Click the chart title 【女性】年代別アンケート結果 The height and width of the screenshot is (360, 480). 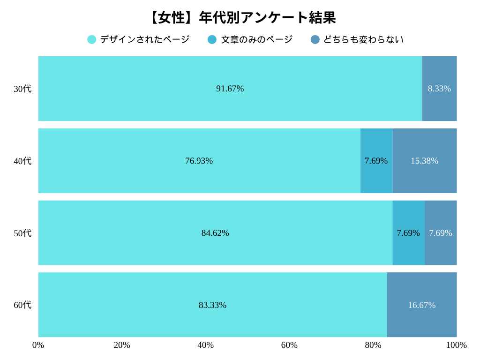[240, 18]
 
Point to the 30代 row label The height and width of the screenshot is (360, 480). [22, 89]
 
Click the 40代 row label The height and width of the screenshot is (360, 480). [22, 161]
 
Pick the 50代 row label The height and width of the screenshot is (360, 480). [22, 233]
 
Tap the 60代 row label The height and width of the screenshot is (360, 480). [22, 305]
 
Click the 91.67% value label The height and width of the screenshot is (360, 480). [230, 89]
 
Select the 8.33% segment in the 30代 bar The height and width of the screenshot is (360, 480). [439, 89]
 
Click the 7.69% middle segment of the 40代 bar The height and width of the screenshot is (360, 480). [376, 161]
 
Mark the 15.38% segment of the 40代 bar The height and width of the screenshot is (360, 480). [425, 161]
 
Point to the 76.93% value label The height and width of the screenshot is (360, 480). [199, 161]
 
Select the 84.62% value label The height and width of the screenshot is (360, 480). [215, 233]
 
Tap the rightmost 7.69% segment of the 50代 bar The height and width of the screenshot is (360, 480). [441, 233]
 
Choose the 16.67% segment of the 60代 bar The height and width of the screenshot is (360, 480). [422, 305]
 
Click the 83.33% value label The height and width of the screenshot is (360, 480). [212, 305]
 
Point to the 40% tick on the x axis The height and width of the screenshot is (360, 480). [205, 345]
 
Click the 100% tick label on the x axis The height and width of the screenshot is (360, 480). [456, 345]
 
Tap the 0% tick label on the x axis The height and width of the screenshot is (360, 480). [38, 345]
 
